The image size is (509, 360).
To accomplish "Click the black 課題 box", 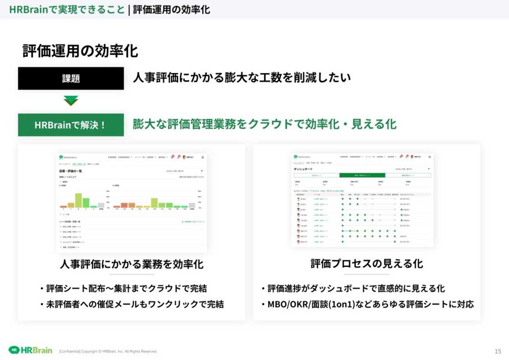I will coord(71,78).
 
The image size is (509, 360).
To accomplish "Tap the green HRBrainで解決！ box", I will coord(71,125).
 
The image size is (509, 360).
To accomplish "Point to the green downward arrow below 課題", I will coord(71,100).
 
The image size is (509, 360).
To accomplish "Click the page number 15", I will coord(498,351).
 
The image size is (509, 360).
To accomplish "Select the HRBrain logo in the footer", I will coord(31,350).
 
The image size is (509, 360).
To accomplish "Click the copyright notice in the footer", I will coord(108,352).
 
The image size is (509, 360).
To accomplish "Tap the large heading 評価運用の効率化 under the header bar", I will coord(80,51).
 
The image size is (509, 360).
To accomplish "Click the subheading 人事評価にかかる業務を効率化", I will coord(132,264).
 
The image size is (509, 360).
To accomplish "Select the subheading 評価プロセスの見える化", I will coord(366,264).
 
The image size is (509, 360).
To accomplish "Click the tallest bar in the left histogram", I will coord(78,200).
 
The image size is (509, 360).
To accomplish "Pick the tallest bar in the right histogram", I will coord(154,203).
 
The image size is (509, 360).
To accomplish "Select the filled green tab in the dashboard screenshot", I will coord(362,176).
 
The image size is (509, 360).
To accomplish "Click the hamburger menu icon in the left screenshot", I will coord(202,157).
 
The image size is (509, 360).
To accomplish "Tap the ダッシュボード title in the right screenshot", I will coord(303,169).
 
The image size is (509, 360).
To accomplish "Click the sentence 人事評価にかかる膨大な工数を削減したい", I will coord(242,77).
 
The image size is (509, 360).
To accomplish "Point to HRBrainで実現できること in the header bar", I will coord(67,9).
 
